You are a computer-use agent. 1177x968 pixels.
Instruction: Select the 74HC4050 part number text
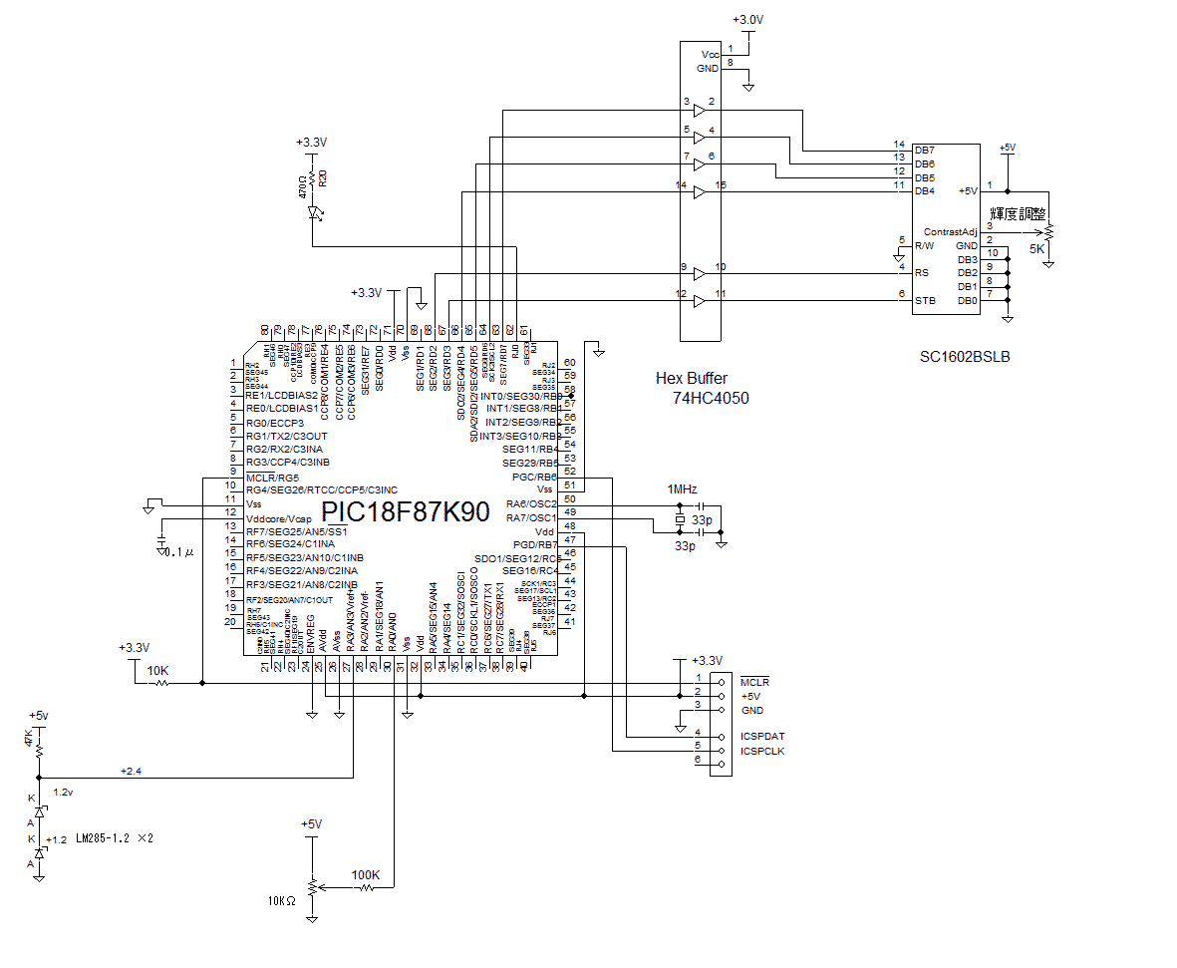pos(711,397)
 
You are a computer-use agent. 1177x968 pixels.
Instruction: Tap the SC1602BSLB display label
pos(965,356)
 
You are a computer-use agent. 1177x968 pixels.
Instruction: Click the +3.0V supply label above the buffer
pos(749,20)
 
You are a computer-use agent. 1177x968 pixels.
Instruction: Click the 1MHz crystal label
pos(682,489)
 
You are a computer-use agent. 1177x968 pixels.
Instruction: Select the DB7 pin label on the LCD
pos(924,151)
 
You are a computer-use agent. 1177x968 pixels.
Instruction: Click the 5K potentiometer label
pos(1036,250)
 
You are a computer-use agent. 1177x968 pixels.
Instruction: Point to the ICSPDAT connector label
pos(762,736)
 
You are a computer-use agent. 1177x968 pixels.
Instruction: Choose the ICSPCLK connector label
pos(762,751)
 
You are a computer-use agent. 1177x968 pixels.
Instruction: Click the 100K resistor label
pos(366,875)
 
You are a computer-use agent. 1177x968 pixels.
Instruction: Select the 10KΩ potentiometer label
pos(282,900)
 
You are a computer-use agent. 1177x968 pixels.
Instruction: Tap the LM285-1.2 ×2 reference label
pos(115,839)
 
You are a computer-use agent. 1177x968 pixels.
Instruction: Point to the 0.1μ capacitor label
pos(179,551)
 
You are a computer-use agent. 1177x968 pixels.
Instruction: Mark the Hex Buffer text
pos(692,379)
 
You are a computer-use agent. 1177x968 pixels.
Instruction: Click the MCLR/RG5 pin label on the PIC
pos(271,477)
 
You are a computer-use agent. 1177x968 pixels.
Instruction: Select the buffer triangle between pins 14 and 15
pos(699,191)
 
